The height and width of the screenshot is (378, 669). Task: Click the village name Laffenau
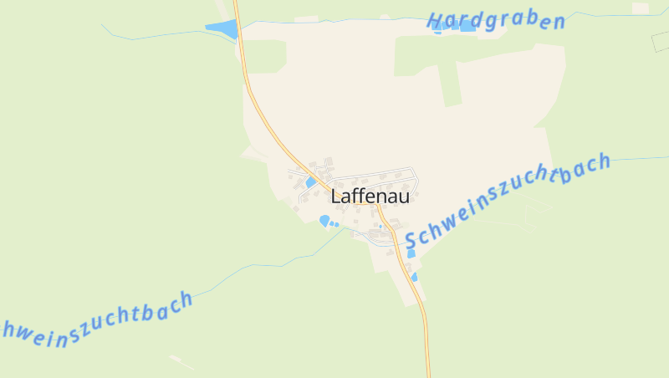click(370, 197)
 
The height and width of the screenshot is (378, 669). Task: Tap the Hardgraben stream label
click(495, 22)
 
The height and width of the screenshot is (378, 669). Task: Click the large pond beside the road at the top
click(222, 29)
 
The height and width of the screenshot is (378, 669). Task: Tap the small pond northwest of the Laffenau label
click(311, 182)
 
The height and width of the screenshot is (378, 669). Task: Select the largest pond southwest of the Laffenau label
click(324, 220)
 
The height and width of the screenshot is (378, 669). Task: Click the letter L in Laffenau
click(336, 197)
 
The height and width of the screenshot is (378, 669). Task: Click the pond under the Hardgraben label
click(467, 27)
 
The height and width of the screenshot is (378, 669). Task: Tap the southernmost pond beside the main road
click(414, 277)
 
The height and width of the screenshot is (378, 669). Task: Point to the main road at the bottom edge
click(429, 372)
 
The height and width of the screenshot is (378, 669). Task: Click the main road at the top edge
click(237, 4)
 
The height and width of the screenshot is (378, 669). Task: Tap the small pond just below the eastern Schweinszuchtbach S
click(411, 253)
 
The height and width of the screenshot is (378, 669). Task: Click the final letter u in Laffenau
click(404, 198)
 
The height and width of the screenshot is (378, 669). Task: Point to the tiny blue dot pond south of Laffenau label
click(380, 226)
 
